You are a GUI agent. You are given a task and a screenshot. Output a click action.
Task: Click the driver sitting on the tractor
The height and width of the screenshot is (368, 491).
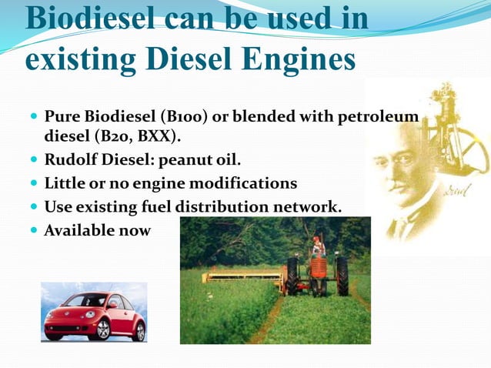(317, 246)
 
